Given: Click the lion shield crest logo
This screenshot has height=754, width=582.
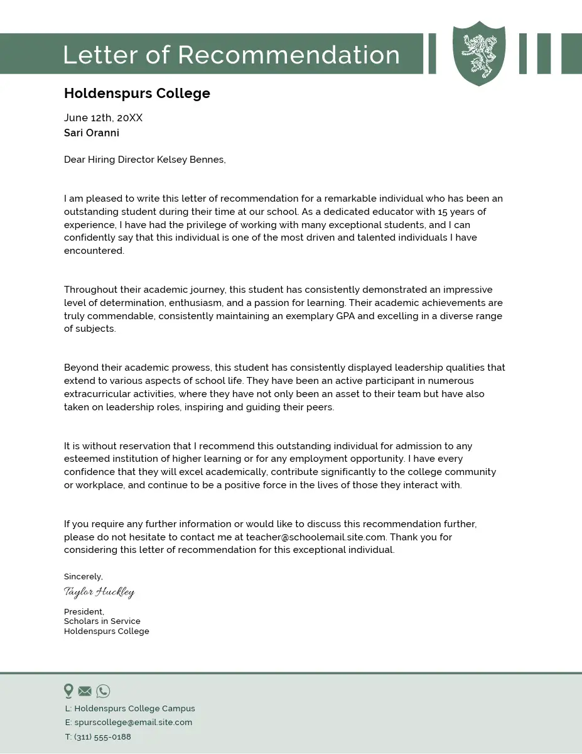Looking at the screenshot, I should (x=479, y=53).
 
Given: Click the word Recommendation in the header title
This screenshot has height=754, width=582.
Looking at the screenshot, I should (x=289, y=55).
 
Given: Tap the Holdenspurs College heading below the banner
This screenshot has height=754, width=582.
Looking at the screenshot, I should (x=137, y=94).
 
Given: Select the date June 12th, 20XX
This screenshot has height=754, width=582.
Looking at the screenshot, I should (x=103, y=117).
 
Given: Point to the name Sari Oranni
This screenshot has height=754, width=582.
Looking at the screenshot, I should (x=92, y=133).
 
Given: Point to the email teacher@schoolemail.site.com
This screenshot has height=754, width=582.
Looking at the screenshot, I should (x=315, y=537).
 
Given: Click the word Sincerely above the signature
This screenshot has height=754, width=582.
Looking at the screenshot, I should (x=83, y=576).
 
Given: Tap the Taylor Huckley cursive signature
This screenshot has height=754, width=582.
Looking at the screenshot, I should (x=99, y=592).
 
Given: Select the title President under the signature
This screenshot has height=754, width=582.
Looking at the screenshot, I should (x=84, y=611).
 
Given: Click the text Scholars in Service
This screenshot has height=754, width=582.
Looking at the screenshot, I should (x=102, y=621).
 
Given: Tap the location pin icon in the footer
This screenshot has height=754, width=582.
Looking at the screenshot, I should (x=68, y=691).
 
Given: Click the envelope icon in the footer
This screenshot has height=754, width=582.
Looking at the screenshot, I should (x=85, y=691).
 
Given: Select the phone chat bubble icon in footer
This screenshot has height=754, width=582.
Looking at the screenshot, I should (x=103, y=691).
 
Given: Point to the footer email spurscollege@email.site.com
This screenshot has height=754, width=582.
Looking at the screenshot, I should (x=133, y=723).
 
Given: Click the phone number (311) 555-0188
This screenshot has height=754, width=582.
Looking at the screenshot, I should (x=102, y=737).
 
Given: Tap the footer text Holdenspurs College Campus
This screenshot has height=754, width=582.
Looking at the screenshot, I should (x=134, y=708).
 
